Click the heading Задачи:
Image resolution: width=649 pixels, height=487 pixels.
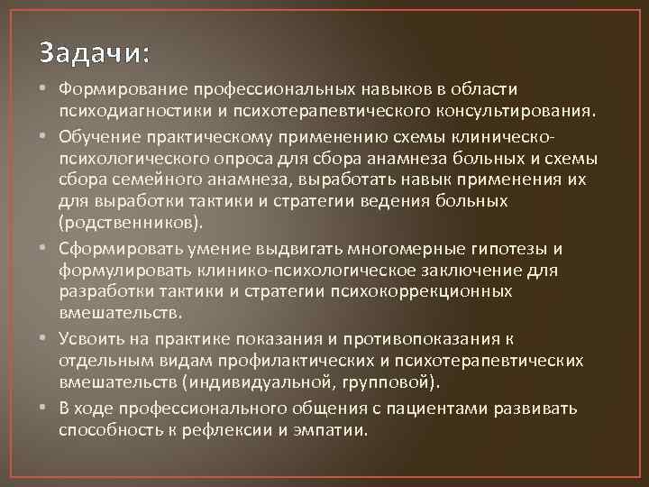(94, 52)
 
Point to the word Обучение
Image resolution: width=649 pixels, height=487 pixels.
(94, 136)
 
